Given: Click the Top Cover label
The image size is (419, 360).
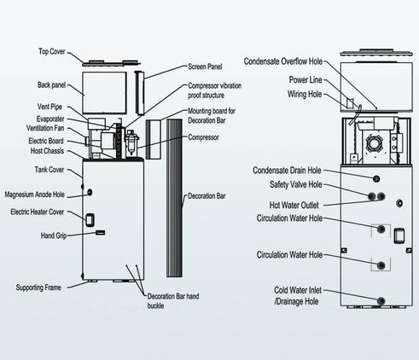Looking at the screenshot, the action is (52, 51).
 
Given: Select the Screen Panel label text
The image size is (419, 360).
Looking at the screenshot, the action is (205, 67).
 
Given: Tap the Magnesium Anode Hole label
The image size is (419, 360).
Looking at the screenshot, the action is (35, 195).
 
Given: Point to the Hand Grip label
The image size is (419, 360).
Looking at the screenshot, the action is (54, 235).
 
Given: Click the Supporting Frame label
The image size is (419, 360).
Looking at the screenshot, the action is (38, 287).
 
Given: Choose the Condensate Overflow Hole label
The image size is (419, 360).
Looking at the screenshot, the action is (283, 61).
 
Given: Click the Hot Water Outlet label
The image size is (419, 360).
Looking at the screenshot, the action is (294, 205).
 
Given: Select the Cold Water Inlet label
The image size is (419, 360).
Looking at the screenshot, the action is (298, 290).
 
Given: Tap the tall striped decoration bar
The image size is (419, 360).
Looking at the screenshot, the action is (174, 198).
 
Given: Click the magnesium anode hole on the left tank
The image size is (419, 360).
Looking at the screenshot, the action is (90, 193).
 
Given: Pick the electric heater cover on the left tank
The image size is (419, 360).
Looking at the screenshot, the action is (90, 220).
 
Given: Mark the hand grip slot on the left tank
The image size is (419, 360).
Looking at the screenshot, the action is (100, 233).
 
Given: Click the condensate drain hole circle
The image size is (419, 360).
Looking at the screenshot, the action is (376, 179).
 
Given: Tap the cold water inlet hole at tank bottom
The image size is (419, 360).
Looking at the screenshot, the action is (381, 301).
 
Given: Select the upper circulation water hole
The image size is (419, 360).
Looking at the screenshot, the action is (381, 229).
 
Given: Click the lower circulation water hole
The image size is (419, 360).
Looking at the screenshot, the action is (381, 265).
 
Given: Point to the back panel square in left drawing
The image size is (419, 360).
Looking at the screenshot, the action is (104, 93).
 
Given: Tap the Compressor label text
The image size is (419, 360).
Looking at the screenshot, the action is (203, 137).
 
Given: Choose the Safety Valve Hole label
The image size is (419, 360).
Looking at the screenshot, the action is (296, 185).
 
